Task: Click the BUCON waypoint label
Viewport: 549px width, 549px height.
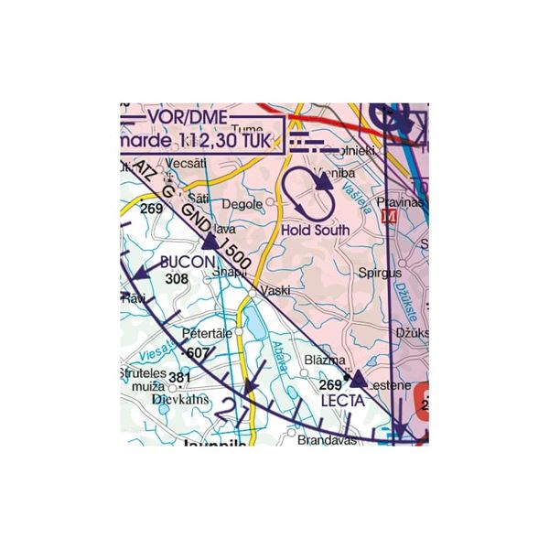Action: (187, 263)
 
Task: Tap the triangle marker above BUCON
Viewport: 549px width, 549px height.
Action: (210, 243)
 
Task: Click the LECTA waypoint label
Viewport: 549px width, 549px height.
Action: (343, 400)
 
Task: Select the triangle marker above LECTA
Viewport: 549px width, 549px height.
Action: (359, 379)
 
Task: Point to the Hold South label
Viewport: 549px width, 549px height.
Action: (316, 230)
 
